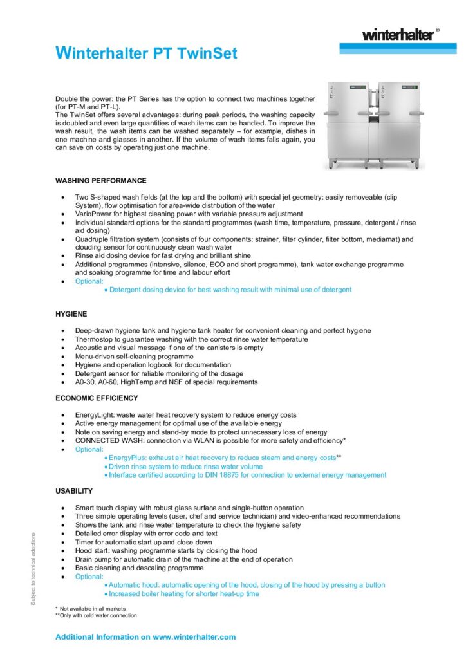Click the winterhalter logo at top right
[396, 35]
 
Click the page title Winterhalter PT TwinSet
[146, 53]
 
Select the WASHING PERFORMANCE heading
[101, 181]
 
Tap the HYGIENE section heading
[71, 314]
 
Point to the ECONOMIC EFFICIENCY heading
[97, 398]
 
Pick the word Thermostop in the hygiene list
[94, 339]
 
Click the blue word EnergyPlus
[128, 458]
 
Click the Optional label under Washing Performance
[89, 281]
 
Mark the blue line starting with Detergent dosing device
[230, 290]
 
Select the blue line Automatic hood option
[247, 585]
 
